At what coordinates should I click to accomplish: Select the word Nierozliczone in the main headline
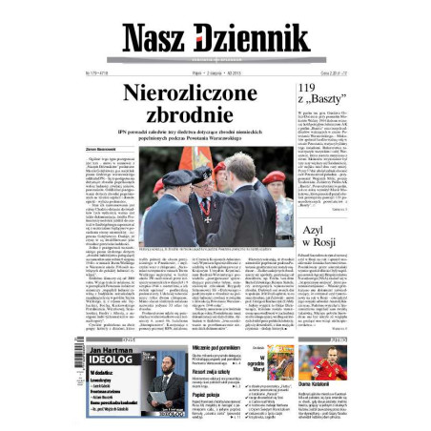click(x=191, y=92)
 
